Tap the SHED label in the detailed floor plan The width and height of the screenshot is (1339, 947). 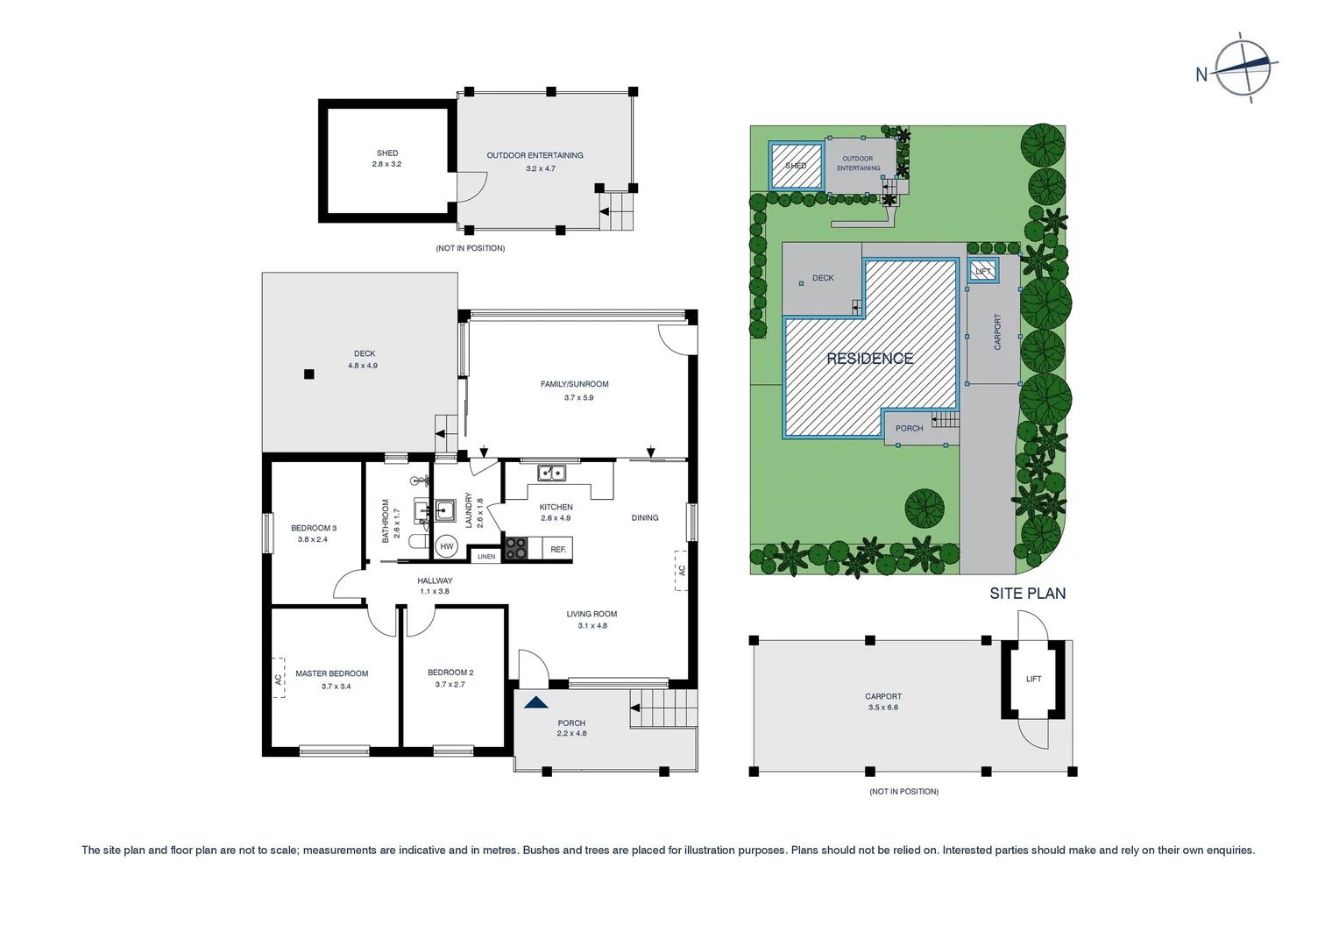click(386, 153)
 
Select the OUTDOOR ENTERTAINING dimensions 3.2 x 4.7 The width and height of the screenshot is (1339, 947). click(540, 168)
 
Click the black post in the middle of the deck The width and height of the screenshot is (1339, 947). click(308, 374)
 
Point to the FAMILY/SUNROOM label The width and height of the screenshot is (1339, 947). click(574, 384)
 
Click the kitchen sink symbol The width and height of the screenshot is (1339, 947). click(551, 473)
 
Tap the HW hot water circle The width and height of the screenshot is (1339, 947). click(447, 546)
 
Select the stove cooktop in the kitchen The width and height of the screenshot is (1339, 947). click(516, 548)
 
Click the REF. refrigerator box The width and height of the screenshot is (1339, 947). click(558, 550)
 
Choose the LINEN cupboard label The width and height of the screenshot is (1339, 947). click(486, 556)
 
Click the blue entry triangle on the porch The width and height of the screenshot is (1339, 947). click(535, 702)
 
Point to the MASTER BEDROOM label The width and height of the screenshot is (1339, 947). click(331, 673)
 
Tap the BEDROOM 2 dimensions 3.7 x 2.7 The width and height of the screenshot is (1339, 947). click(450, 685)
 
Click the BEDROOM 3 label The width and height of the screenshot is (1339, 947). click(314, 528)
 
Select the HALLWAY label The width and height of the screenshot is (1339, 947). click(435, 580)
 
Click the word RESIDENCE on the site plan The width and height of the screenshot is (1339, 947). click(869, 359)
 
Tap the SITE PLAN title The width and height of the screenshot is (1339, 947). click(1027, 594)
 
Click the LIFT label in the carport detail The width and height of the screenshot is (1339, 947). click(1033, 679)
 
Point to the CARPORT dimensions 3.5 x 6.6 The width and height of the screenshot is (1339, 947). click(882, 708)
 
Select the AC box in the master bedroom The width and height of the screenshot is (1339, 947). click(279, 679)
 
